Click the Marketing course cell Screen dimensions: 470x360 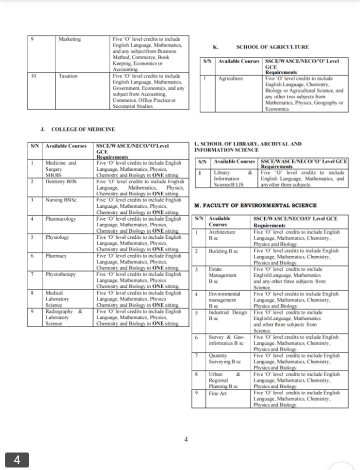(69, 39)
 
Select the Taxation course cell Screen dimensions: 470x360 (68, 76)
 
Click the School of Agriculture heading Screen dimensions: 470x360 (272, 46)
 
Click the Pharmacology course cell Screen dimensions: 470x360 (60, 218)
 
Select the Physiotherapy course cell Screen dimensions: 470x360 (60, 274)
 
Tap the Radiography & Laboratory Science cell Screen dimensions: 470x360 (63, 317)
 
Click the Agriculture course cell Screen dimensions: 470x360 (230, 78)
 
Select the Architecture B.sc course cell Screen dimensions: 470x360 (222, 235)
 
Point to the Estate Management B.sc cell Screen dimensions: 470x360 (222, 275)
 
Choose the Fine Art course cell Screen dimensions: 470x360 (217, 393)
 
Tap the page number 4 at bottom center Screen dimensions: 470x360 (186, 439)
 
